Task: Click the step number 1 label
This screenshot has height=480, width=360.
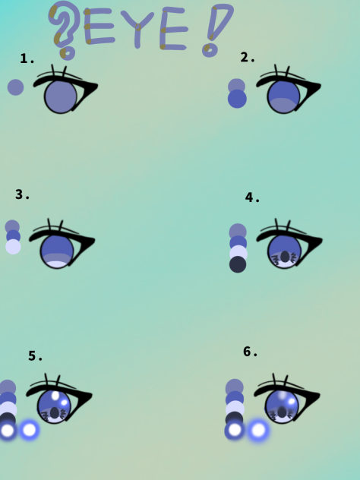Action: pos(27,59)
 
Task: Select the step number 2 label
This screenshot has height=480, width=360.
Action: pos(248,58)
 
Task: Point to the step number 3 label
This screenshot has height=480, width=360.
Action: pos(23,194)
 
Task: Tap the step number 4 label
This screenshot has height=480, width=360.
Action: pos(252,198)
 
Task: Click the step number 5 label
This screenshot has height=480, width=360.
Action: pos(36,356)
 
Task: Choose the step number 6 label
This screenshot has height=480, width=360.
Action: pos(251,352)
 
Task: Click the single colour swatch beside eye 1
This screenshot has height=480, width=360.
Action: pos(15,87)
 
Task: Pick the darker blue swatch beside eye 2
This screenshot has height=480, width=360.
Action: pos(237,99)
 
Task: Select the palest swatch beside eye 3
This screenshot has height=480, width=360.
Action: pos(13,247)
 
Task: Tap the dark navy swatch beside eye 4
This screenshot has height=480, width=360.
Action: pos(238,264)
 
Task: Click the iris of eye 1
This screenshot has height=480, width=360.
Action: pos(61,96)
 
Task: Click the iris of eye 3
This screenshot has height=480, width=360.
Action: pos(57,251)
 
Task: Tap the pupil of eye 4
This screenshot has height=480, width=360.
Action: pos(285,257)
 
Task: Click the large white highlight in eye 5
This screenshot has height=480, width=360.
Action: pos(55,396)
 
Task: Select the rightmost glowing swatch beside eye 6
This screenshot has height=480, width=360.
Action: pos(258,431)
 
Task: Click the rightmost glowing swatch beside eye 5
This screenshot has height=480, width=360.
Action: pos(29,430)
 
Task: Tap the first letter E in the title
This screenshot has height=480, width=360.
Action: pos(100,28)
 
